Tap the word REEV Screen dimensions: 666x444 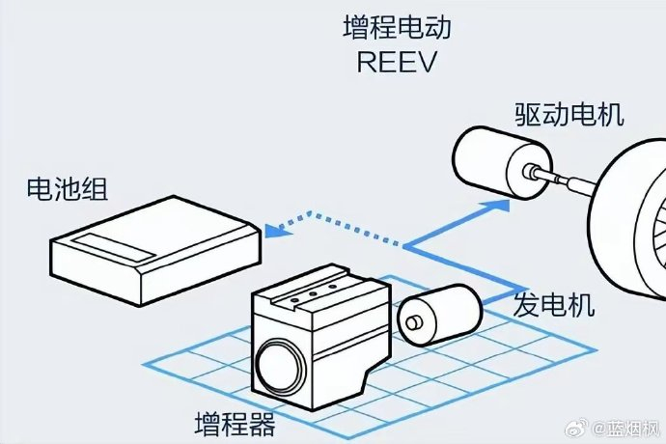click(397, 62)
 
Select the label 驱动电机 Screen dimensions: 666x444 click(569, 114)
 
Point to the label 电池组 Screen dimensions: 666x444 click(68, 188)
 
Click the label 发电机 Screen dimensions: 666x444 click(553, 305)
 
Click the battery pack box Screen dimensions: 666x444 click(155, 250)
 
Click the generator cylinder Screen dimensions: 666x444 click(439, 315)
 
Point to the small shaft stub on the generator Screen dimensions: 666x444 click(413, 323)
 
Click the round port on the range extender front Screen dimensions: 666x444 click(279, 366)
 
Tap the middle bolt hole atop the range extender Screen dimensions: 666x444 click(312, 294)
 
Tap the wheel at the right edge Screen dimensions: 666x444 click(627, 216)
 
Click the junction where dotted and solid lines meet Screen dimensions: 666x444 click(403, 246)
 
